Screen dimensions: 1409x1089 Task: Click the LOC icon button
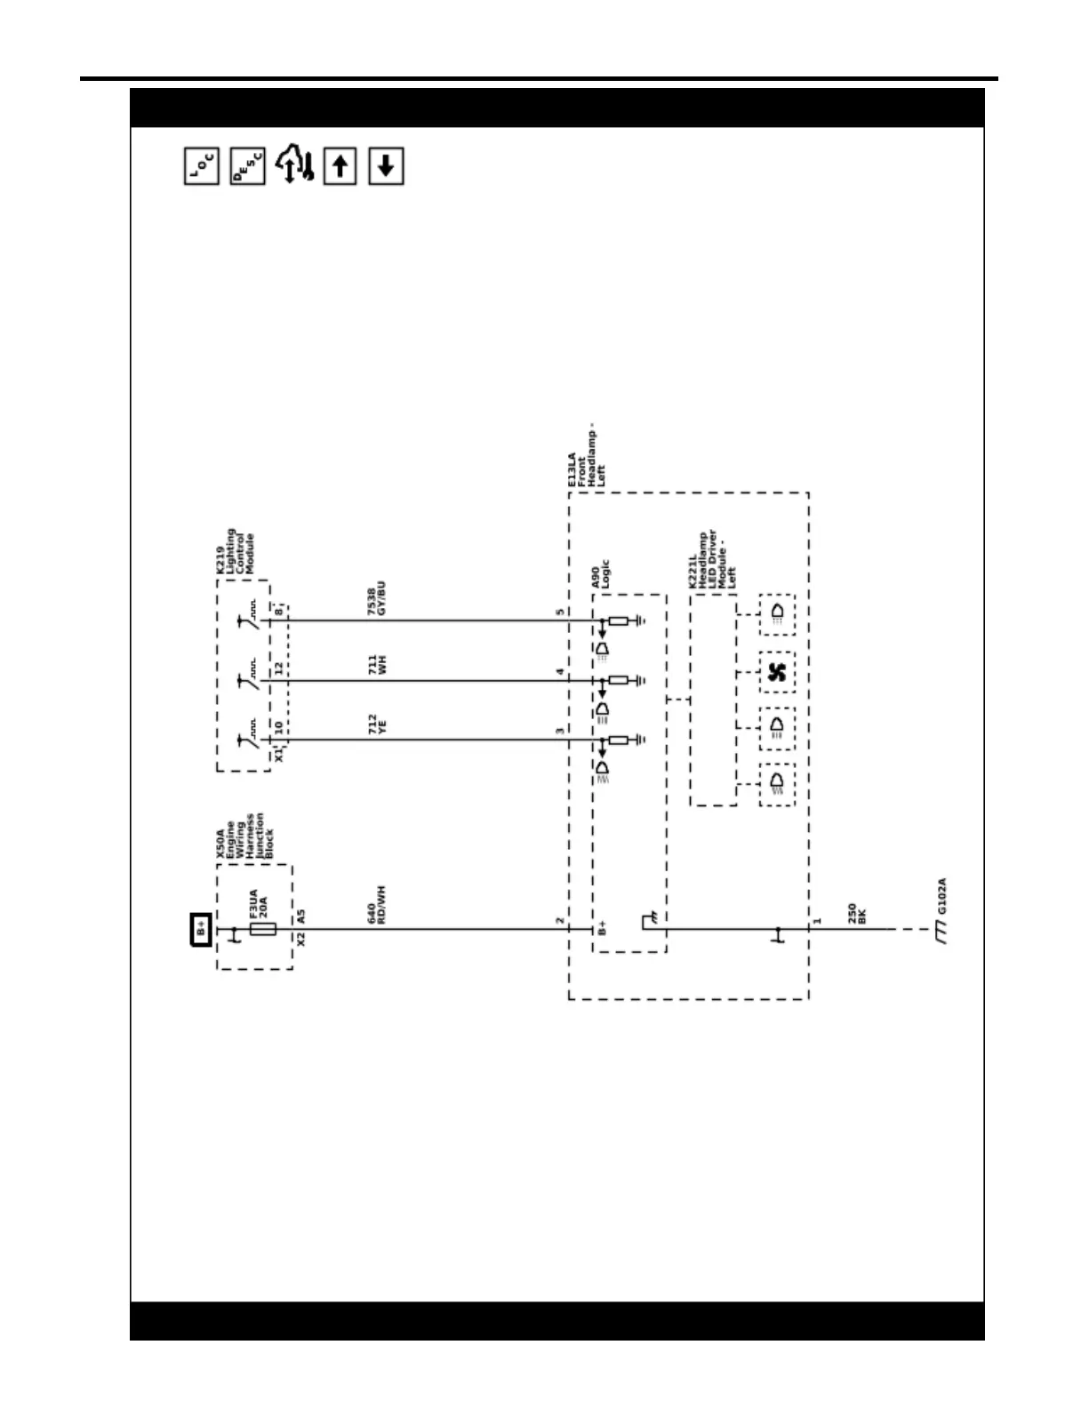tap(202, 166)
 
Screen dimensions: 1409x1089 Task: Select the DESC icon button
tap(247, 166)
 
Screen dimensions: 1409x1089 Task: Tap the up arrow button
tap(340, 166)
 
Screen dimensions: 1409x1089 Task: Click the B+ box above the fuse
tap(202, 929)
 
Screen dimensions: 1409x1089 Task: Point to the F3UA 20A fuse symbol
tap(262, 929)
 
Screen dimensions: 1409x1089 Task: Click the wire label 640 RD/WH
tap(376, 905)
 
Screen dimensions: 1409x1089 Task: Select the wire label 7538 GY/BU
tap(376, 599)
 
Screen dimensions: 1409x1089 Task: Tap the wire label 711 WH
tap(376, 665)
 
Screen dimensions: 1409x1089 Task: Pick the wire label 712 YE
tap(376, 724)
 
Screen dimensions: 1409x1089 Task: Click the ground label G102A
tap(941, 896)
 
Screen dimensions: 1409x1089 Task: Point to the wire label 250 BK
tap(856, 914)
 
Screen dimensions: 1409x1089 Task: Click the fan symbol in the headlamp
tap(777, 673)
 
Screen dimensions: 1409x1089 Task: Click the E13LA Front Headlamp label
tap(586, 458)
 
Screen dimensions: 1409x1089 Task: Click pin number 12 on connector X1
tap(278, 668)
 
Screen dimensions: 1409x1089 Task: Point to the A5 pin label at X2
tap(300, 916)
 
